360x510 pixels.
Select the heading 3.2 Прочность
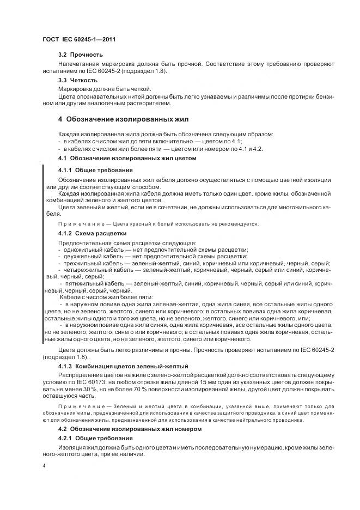(x=80, y=55)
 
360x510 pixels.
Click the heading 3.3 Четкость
(x=78, y=80)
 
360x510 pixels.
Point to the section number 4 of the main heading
(x=60, y=119)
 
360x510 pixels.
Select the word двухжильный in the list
(x=81, y=256)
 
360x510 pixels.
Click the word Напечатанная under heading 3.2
(x=80, y=64)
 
